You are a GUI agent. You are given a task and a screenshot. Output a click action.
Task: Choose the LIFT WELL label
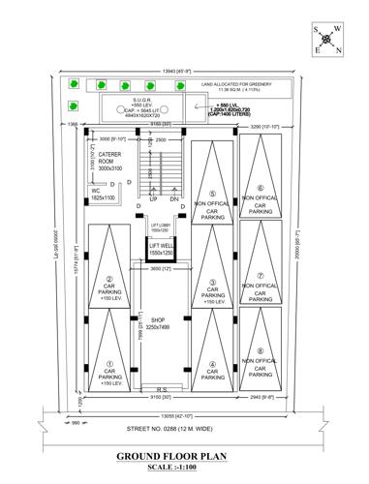click(x=160, y=249)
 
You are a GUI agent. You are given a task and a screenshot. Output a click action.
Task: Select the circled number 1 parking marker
click(x=109, y=364)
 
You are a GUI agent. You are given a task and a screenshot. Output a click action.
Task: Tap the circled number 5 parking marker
click(x=212, y=193)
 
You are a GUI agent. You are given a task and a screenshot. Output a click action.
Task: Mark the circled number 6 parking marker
click(x=260, y=187)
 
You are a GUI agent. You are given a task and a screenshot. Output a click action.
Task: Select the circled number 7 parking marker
click(x=260, y=261)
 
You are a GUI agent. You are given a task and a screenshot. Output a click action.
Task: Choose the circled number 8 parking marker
click(x=260, y=350)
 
